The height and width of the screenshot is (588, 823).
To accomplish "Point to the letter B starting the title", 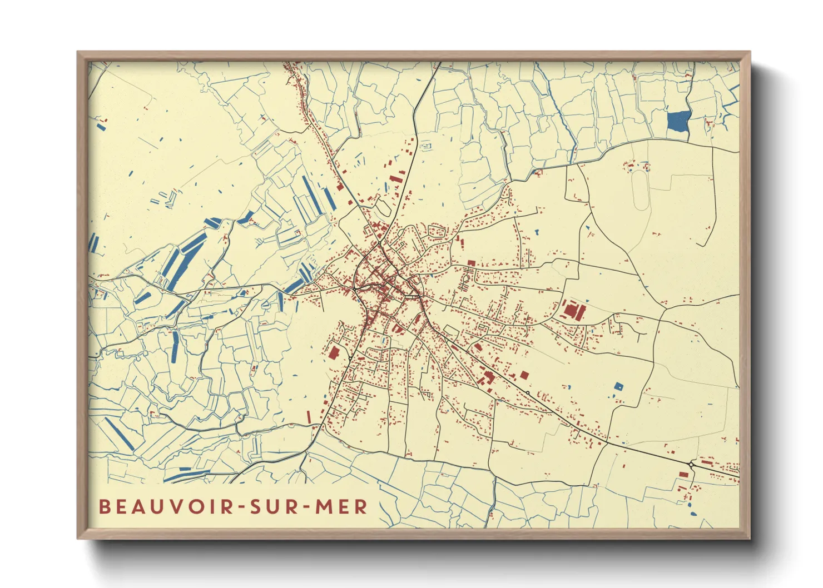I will (x=104, y=507).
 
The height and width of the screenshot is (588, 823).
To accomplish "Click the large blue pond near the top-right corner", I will (x=678, y=121).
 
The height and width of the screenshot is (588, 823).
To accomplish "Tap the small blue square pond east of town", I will (x=618, y=386).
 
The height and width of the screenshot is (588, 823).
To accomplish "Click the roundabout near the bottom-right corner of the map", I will (x=691, y=464).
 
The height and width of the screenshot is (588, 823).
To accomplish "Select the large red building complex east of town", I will (x=573, y=310).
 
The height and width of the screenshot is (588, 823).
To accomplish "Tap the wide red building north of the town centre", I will (x=395, y=179).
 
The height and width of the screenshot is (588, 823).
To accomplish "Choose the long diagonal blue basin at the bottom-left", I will (x=120, y=433).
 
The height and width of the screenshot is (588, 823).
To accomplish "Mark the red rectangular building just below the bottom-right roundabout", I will (x=683, y=474).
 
